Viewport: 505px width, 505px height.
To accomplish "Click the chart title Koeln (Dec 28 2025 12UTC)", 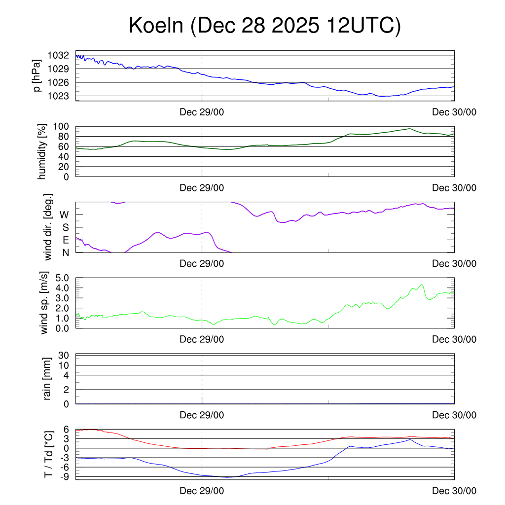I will tap(265, 26).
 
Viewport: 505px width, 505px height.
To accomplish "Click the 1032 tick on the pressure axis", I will tap(58, 55).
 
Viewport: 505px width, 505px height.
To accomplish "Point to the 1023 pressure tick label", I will tap(58, 96).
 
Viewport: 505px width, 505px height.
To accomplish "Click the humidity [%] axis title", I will tap(42, 151).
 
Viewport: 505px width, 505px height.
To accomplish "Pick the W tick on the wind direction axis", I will tap(64, 215).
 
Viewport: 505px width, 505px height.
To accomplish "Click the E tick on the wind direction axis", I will tap(66, 240).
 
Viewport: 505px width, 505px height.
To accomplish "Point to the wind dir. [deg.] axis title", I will tap(48, 227).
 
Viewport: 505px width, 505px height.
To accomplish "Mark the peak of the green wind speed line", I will tap(421, 285).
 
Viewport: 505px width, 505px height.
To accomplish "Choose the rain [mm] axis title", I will tap(47, 379).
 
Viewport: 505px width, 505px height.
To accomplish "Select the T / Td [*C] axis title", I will tap(48, 454).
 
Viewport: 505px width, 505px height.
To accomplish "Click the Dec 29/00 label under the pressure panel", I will tap(202, 112).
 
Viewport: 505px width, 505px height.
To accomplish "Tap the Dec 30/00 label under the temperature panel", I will tap(454, 491).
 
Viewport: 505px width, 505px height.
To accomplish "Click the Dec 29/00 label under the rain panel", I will tap(202, 415).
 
